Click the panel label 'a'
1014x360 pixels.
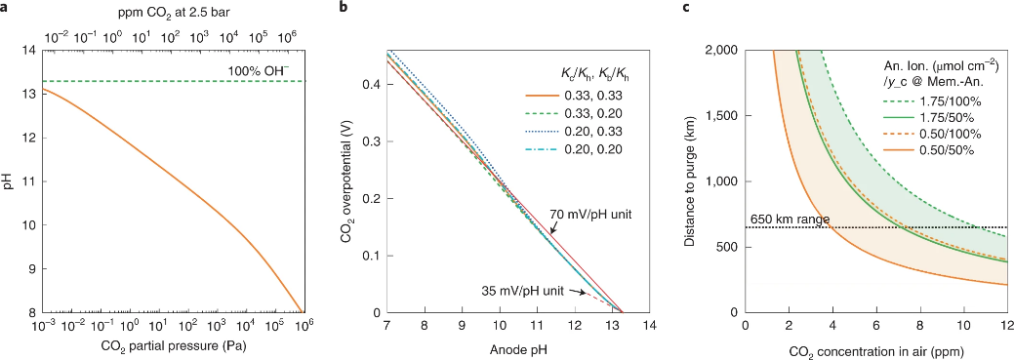pyautogui.click(x=5, y=8)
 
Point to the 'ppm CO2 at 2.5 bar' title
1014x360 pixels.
pyautogui.click(x=174, y=10)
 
